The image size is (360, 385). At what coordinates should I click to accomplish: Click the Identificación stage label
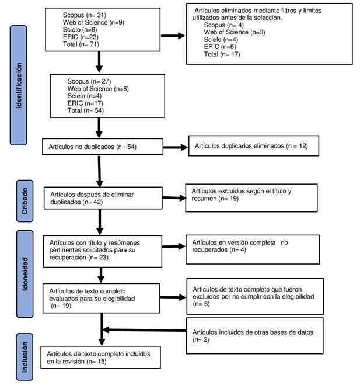click(x=19, y=85)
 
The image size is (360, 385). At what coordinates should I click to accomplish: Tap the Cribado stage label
click(x=25, y=201)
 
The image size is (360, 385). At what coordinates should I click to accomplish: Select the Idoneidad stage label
click(x=25, y=274)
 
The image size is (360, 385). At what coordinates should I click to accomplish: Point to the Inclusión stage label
click(x=25, y=357)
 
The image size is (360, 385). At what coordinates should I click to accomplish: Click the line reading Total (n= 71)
click(x=81, y=44)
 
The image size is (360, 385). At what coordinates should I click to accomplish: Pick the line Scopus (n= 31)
click(x=85, y=15)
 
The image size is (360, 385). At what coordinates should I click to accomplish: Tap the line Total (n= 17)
click(x=222, y=54)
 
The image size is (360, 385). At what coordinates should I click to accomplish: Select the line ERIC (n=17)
click(x=85, y=103)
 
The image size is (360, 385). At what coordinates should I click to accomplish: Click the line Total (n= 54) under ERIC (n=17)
click(x=86, y=110)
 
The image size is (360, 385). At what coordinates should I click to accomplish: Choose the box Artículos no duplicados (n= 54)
click(x=103, y=147)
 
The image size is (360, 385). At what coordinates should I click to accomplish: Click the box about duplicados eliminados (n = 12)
click(x=254, y=146)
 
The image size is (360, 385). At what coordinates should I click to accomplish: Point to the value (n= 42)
click(x=93, y=202)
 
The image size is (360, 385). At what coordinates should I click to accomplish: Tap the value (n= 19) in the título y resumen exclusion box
click(x=229, y=199)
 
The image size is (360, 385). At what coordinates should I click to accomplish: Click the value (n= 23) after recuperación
click(x=99, y=257)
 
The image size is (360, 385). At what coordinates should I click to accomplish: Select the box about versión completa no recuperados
click(x=253, y=249)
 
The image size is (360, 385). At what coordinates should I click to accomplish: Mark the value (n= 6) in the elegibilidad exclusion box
click(x=201, y=304)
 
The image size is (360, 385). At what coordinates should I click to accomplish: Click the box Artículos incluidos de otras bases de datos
click(x=254, y=336)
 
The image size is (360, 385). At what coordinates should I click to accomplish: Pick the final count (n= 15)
click(x=97, y=362)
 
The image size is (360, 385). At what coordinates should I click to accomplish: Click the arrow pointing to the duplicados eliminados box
click(x=176, y=147)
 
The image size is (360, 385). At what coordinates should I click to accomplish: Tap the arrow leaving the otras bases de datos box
click(x=144, y=330)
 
